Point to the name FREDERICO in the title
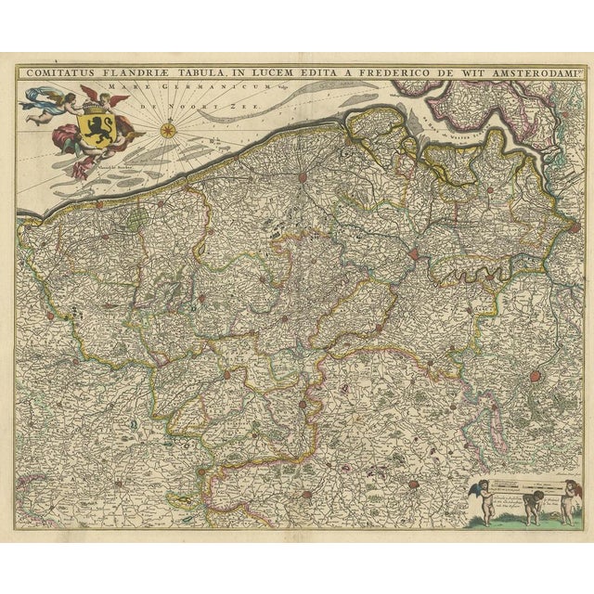click(x=414, y=71)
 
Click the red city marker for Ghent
click(x=414, y=252)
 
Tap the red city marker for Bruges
click(x=303, y=175)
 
